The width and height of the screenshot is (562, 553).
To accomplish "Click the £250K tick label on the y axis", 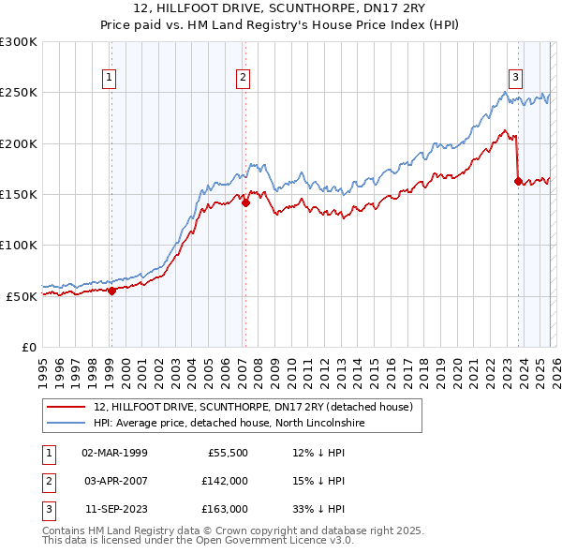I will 19,93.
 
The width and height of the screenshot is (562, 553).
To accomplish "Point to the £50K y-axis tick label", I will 22,296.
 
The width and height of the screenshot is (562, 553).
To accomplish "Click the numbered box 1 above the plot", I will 111,78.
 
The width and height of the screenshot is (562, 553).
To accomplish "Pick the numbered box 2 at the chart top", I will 243,78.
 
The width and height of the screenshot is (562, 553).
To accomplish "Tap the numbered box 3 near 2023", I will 515,78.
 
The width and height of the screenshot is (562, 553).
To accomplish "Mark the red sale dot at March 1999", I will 111,291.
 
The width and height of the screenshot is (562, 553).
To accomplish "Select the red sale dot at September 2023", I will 518,181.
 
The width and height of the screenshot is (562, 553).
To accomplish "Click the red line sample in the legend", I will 67,407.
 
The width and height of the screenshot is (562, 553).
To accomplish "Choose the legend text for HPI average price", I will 229,424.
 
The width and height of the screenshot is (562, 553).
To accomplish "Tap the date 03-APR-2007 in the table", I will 114,482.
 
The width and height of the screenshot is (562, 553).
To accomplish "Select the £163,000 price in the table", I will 224,510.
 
